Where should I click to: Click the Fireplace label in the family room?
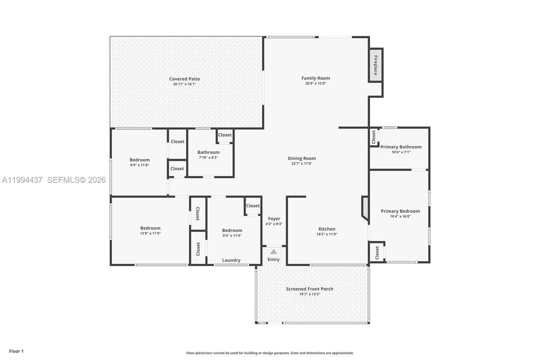click(375, 65)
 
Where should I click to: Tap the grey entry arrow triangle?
click(273, 252)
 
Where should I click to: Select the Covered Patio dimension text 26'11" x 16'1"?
click(184, 84)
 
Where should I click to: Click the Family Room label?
click(316, 78)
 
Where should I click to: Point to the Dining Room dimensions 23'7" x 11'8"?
click(302, 163)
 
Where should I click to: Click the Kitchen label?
click(327, 229)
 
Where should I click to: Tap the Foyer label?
click(274, 218)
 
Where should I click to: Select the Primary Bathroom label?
click(401, 147)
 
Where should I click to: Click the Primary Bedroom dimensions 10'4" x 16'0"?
click(400, 216)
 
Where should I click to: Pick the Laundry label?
click(231, 260)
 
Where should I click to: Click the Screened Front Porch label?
click(309, 289)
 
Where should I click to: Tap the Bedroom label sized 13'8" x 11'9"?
click(150, 228)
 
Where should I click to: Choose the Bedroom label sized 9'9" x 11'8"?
click(139, 160)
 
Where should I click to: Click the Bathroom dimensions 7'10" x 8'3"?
click(208, 157)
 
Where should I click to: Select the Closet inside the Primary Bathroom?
click(374, 137)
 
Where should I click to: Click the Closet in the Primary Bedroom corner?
click(377, 252)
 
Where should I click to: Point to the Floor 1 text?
click(16, 351)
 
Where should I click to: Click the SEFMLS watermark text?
click(76, 180)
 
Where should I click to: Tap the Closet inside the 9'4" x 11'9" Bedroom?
click(252, 205)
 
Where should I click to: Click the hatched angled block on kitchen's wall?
click(365, 208)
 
